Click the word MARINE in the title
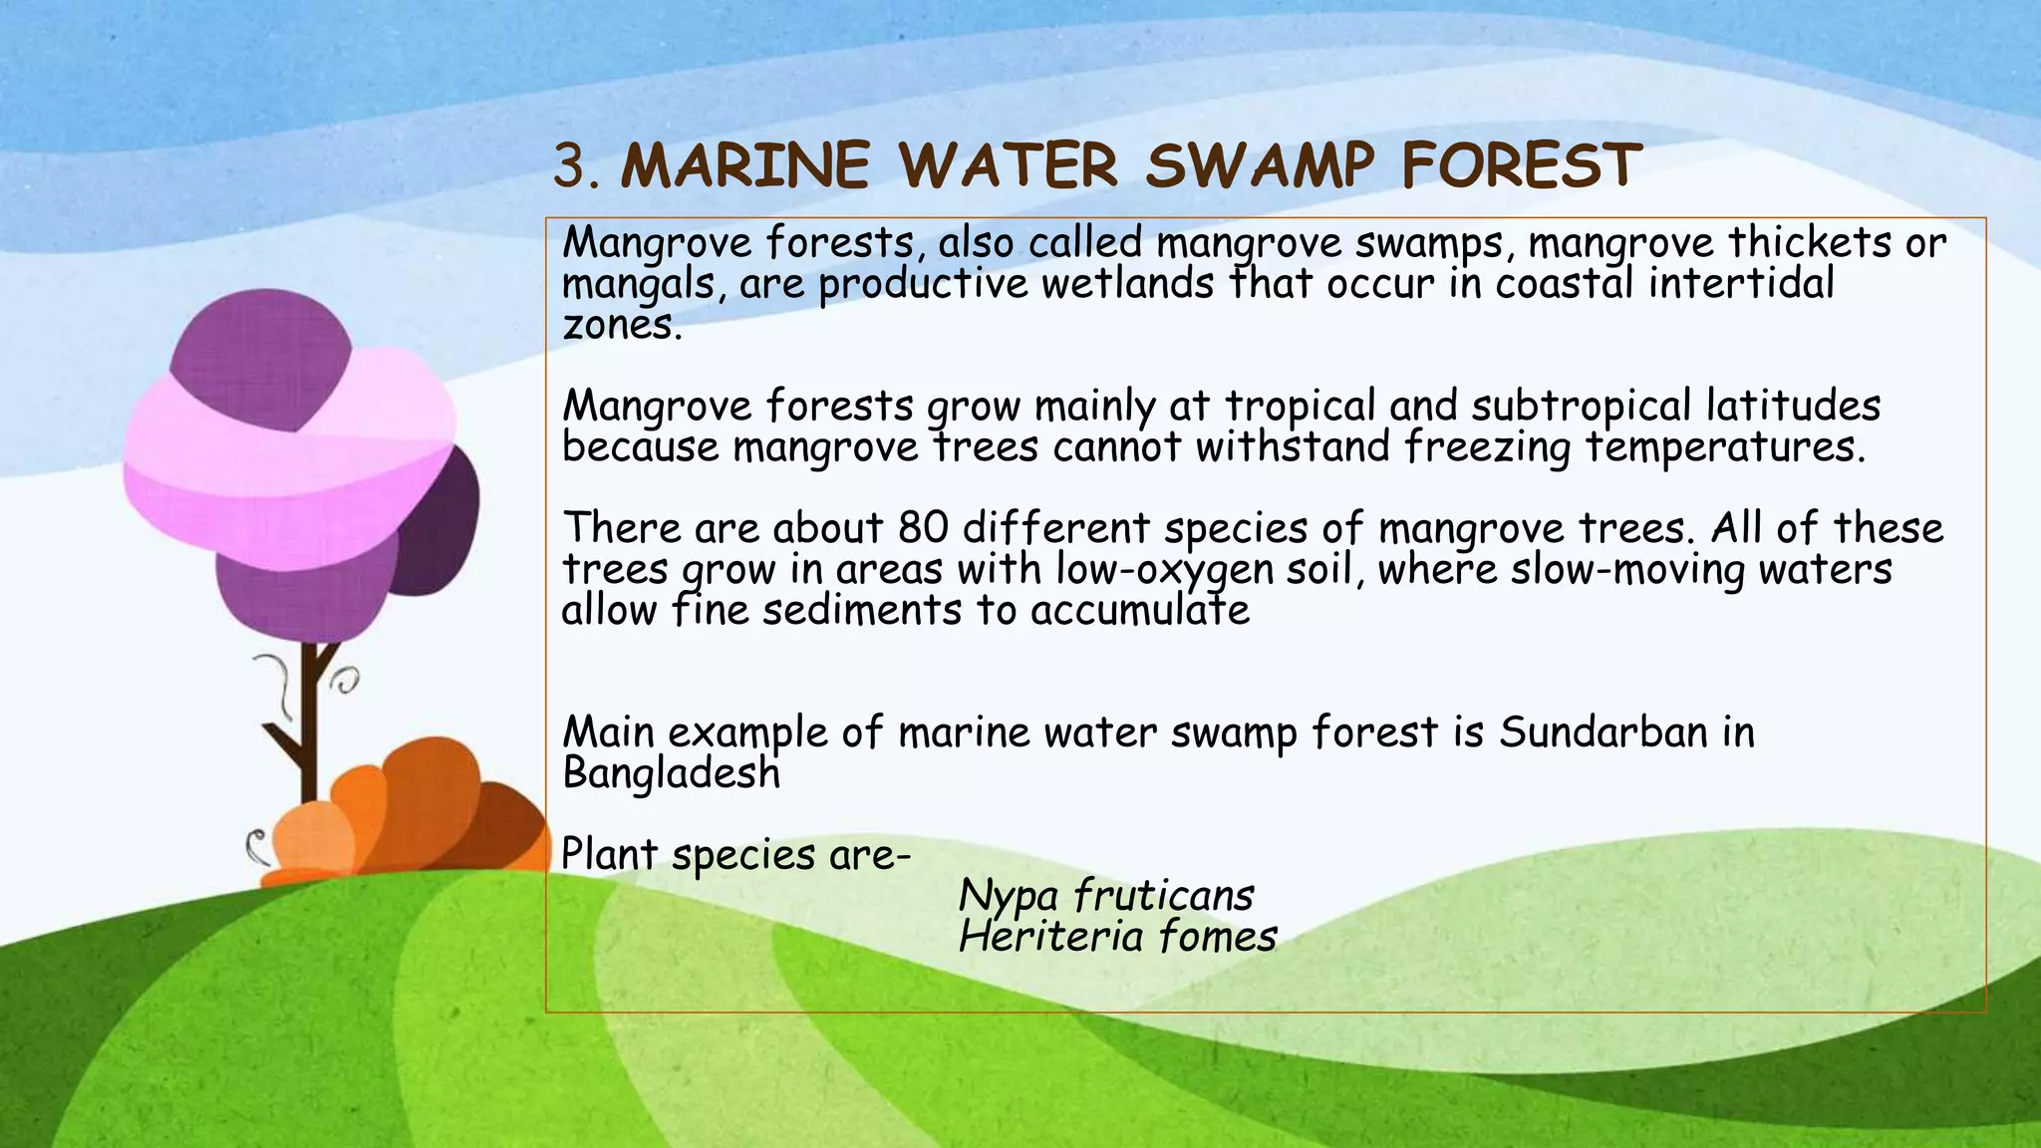[x=744, y=166]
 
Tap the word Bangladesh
[x=671, y=773]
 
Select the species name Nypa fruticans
[x=1105, y=895]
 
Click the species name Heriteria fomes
[x=1117, y=937]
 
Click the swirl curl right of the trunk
[x=346, y=682]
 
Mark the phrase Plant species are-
[x=735, y=855]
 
